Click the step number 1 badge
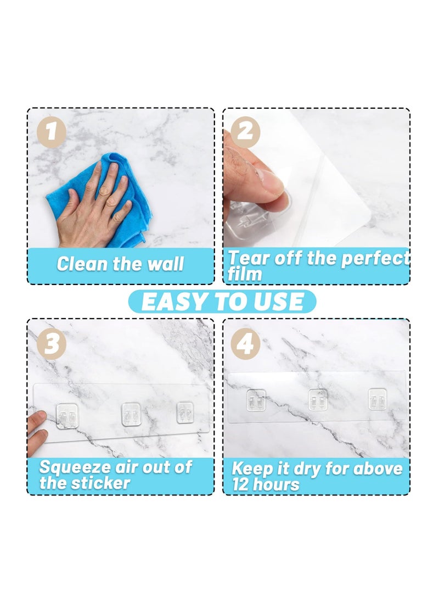tap(51, 132)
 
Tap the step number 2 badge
tap(245, 132)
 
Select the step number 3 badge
tap(51, 344)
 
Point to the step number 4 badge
tap(245, 344)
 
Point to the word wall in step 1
tap(165, 264)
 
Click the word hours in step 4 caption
tap(278, 484)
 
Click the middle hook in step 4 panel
tap(317, 399)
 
